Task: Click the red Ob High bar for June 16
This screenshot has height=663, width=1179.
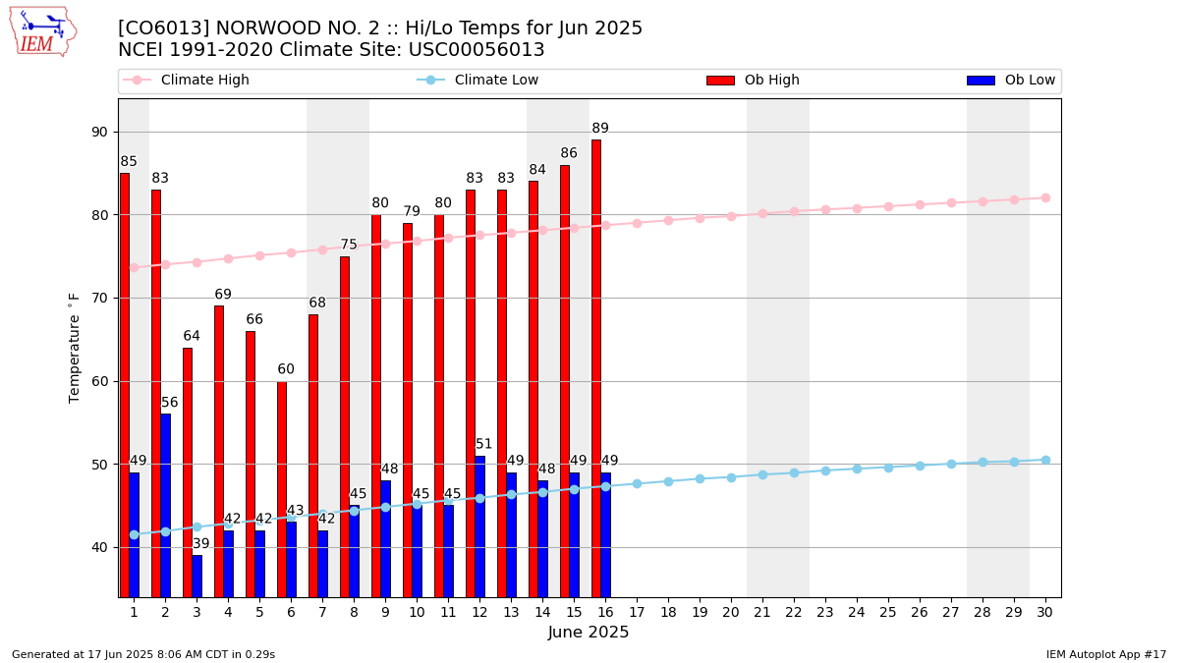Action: pyautogui.click(x=595, y=368)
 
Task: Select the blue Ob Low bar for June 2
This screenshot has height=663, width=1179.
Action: pyautogui.click(x=165, y=506)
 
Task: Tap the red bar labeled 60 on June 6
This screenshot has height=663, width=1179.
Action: pyautogui.click(x=282, y=489)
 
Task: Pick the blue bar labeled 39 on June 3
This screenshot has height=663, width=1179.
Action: pyautogui.click(x=196, y=577)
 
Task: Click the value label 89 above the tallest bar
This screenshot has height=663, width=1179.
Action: pyautogui.click(x=600, y=128)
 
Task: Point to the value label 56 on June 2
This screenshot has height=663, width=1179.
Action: pyautogui.click(x=169, y=402)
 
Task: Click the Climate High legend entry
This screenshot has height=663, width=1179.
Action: pyautogui.click(x=186, y=80)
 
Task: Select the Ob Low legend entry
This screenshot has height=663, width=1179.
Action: pyautogui.click(x=1011, y=80)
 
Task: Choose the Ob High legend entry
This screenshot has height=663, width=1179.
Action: pyautogui.click(x=754, y=80)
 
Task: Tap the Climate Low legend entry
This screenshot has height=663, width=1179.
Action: pyautogui.click(x=477, y=80)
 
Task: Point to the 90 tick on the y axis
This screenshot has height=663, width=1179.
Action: pyautogui.click(x=99, y=132)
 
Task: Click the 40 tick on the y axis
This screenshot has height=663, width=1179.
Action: pyautogui.click(x=99, y=548)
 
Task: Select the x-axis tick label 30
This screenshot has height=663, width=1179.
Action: pyautogui.click(x=1044, y=612)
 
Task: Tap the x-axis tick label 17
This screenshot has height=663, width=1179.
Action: pyautogui.click(x=637, y=612)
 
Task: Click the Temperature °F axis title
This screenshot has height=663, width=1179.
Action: pyautogui.click(x=74, y=349)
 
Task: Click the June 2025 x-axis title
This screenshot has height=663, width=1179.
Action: pyautogui.click(x=589, y=632)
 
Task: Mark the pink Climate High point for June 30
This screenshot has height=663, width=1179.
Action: pyautogui.click(x=1045, y=197)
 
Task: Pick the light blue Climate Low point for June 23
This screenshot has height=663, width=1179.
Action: pyautogui.click(x=826, y=470)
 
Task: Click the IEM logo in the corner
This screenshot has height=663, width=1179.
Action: pyautogui.click(x=43, y=32)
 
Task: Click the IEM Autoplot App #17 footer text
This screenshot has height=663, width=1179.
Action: pyautogui.click(x=1106, y=654)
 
